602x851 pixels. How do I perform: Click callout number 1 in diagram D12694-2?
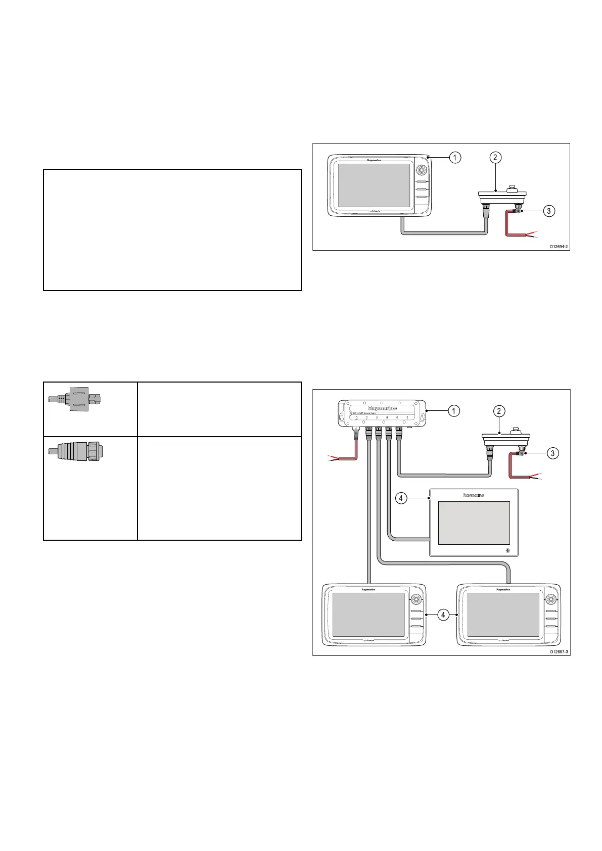point(455,158)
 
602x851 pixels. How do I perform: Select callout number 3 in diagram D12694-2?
point(549,211)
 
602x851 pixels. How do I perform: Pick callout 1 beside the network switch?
point(454,411)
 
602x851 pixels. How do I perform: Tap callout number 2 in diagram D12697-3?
point(499,411)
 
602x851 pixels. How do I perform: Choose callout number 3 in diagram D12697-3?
point(553,453)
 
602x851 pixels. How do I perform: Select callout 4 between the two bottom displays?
point(443,615)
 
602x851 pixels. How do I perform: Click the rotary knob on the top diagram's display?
point(420,170)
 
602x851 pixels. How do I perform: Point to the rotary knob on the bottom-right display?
point(550,599)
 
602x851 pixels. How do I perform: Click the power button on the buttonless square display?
point(507,550)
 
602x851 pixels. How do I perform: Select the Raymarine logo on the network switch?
point(382,408)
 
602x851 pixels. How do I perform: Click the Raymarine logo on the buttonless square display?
point(473,496)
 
